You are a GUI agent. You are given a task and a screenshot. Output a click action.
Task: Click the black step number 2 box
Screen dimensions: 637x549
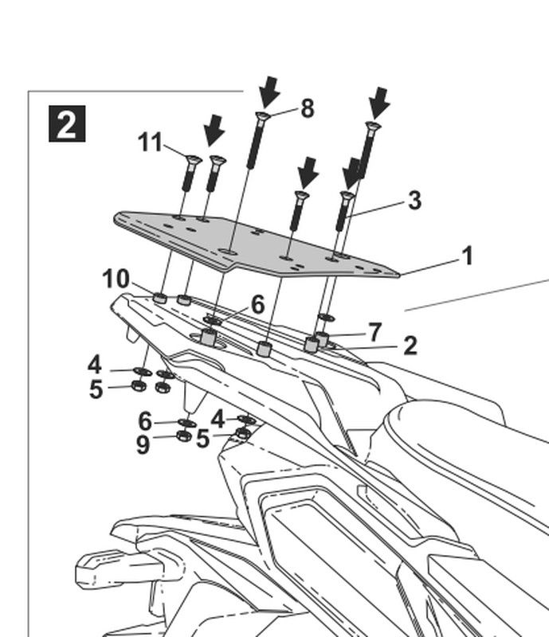[x=66, y=125]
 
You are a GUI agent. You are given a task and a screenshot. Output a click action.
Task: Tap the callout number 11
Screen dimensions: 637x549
[x=150, y=143]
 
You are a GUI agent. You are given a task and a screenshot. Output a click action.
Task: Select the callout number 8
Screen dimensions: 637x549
[x=308, y=109]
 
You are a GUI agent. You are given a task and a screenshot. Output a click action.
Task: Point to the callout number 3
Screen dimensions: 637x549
[x=414, y=200]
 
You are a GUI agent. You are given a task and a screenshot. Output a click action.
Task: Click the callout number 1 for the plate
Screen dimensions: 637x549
[x=467, y=256]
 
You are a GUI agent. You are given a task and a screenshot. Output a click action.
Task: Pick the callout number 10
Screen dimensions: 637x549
[x=116, y=279]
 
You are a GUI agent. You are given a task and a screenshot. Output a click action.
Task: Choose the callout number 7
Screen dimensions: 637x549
[x=374, y=330]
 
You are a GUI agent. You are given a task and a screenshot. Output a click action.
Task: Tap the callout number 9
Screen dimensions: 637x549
[x=143, y=444]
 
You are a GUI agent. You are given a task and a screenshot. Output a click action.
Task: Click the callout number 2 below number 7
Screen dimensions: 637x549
[x=410, y=346]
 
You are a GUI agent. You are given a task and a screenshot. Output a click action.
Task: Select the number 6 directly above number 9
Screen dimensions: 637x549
[x=144, y=420]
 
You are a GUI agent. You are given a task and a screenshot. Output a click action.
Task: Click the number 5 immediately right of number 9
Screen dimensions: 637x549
[x=202, y=439]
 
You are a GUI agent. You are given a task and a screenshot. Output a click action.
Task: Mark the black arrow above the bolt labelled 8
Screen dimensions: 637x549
[x=269, y=92]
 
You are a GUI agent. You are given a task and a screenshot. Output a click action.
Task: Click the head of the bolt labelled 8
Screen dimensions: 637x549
[x=262, y=117]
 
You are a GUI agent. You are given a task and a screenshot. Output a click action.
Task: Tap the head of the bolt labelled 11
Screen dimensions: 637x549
[x=191, y=159]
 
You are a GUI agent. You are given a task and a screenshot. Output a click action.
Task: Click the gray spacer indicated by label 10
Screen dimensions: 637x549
[x=159, y=299]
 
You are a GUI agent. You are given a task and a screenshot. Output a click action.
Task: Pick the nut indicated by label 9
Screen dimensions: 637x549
[x=182, y=436]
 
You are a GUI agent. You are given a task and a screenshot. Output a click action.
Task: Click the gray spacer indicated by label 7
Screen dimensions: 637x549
[x=322, y=339]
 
